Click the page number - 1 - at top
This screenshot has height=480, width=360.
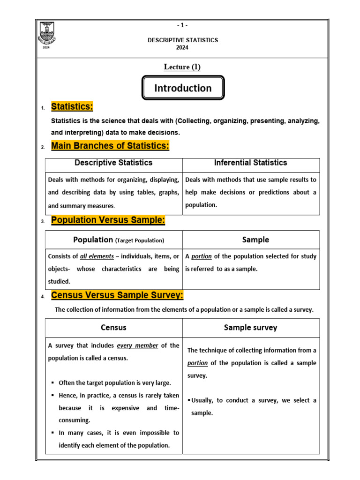pos(183,25)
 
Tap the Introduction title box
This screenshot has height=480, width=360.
pos(183,88)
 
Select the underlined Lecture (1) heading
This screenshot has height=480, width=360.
pos(182,67)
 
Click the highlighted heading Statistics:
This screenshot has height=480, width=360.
pos(72,107)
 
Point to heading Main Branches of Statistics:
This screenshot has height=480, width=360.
pos(110,146)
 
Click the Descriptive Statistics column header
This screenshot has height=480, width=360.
pos(113,163)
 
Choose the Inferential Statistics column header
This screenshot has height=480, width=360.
pos(250,163)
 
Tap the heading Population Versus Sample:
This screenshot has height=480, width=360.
pos(108,220)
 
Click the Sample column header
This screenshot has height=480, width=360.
pos(255,240)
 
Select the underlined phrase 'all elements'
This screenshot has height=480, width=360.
pos(97,256)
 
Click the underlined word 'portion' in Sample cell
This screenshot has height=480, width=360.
pos(202,256)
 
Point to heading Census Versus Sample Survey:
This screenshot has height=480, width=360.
pos(117,295)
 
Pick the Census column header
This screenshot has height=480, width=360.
pos(113,328)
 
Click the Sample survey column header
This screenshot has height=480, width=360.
pos(250,328)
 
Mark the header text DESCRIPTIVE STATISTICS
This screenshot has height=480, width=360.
pos(183,40)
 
